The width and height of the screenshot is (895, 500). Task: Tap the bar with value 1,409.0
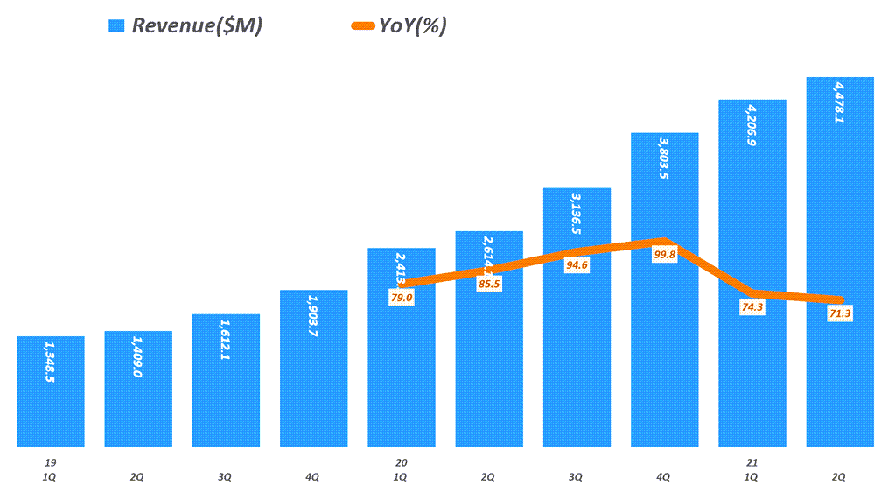[x=138, y=390]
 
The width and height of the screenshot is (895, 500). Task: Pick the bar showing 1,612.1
[x=226, y=381]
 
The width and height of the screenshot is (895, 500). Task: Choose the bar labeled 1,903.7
[x=313, y=369]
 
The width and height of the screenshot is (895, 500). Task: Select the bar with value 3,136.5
[x=577, y=350]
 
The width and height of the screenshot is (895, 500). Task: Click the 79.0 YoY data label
[x=401, y=298]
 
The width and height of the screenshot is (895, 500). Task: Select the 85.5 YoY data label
[x=489, y=284]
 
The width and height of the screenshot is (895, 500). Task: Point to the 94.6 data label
[x=577, y=264]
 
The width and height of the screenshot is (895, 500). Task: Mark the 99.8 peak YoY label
[x=664, y=255]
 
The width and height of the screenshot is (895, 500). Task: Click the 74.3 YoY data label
[x=752, y=307]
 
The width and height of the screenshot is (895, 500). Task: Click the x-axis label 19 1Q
[x=50, y=468]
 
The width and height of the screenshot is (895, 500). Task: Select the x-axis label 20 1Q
[x=401, y=468]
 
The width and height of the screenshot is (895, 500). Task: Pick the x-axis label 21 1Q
[x=752, y=468]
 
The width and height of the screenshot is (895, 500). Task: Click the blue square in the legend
[x=116, y=26]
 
